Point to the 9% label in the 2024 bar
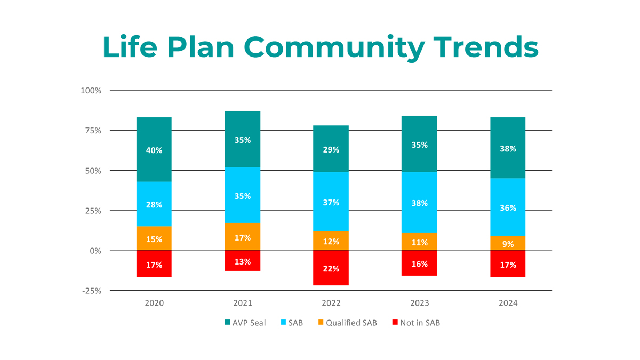tap(508, 244)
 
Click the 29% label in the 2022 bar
tap(331, 150)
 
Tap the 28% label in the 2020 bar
tap(154, 205)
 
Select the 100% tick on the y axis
tap(91, 91)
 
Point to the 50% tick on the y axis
tap(92, 171)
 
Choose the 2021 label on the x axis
tap(243, 303)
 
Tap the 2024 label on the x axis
tap(508, 303)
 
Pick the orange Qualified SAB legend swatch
tap(321, 323)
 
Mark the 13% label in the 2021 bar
tap(243, 262)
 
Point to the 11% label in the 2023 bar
tap(420, 243)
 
